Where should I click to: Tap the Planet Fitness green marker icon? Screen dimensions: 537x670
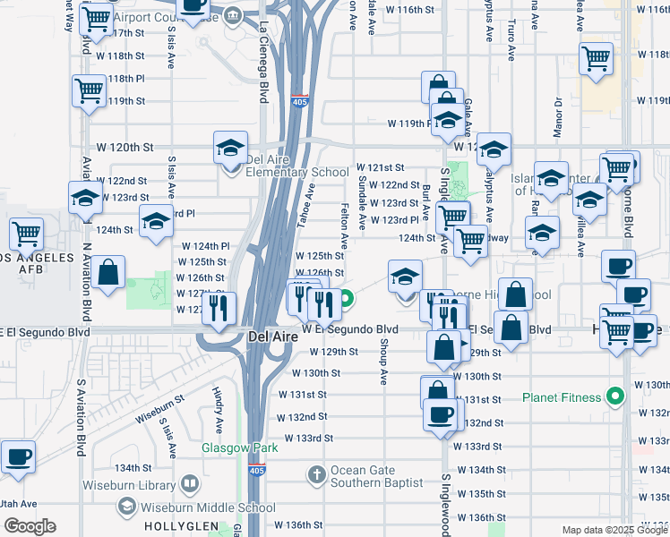614,395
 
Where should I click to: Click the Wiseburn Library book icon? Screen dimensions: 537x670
189,485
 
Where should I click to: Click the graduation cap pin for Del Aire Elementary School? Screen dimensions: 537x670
230,148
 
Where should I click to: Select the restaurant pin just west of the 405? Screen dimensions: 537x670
219,309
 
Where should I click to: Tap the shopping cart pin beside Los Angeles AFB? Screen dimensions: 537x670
26,234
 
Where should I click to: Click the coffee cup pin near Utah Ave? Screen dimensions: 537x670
18,456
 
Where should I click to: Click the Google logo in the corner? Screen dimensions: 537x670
30,526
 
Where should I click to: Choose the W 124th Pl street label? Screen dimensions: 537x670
206,245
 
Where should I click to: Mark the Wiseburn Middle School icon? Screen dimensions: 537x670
126,507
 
